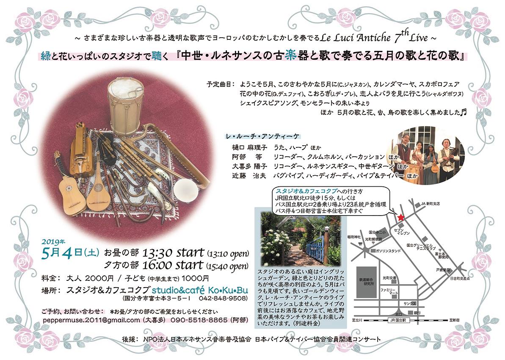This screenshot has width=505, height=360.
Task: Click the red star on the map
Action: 400,217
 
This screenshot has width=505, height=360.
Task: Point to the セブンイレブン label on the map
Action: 399,231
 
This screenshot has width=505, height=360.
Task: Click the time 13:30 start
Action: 174,253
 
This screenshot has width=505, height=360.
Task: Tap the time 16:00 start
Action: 174,266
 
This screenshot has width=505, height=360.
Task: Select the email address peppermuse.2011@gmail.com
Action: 91,320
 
